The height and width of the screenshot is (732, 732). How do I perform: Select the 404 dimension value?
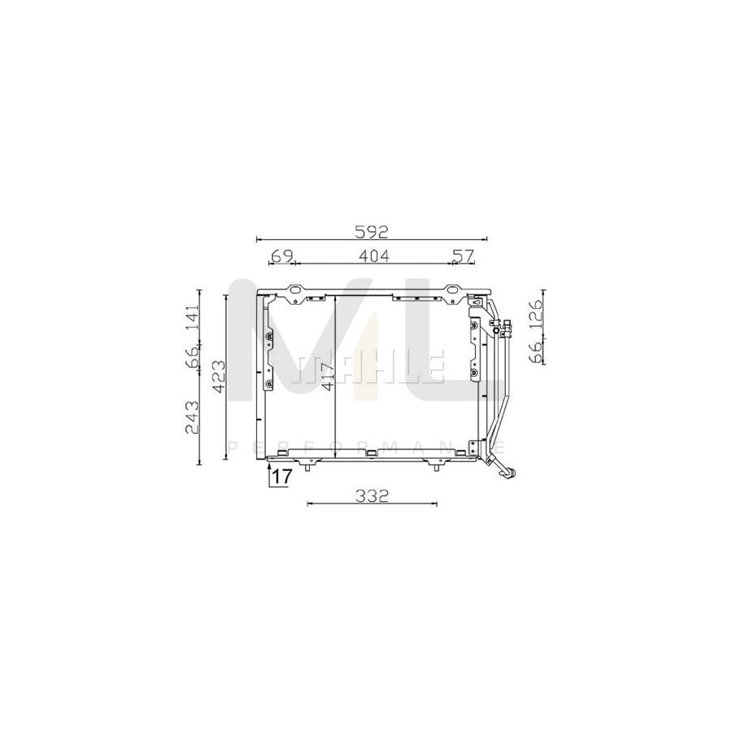click(373, 256)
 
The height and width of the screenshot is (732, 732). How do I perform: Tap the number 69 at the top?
click(281, 256)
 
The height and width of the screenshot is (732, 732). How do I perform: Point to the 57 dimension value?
click(462, 256)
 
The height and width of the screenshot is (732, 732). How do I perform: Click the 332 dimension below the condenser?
click(372, 495)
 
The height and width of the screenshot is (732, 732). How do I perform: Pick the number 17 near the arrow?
click(281, 477)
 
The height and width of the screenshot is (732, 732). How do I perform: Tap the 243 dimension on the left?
click(192, 417)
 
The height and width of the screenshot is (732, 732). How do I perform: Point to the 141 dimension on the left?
click(192, 317)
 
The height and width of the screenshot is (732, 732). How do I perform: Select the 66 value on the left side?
click(192, 357)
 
